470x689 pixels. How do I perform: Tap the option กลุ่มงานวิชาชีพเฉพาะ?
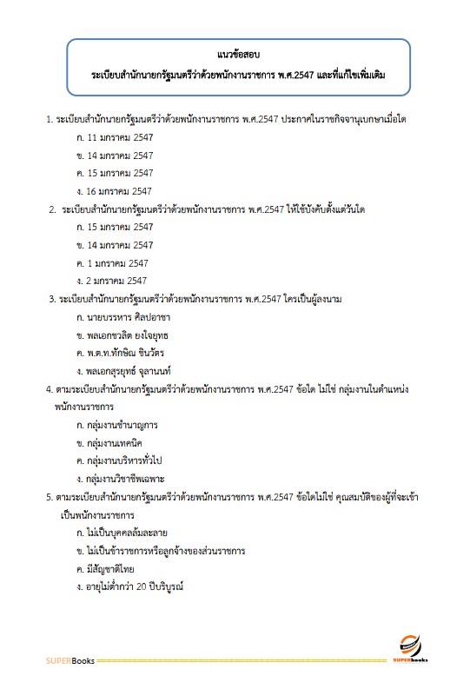[x=127, y=480]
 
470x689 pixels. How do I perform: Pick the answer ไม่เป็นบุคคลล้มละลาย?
[x=127, y=533]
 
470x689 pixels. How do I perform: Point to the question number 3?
[x=51, y=300]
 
